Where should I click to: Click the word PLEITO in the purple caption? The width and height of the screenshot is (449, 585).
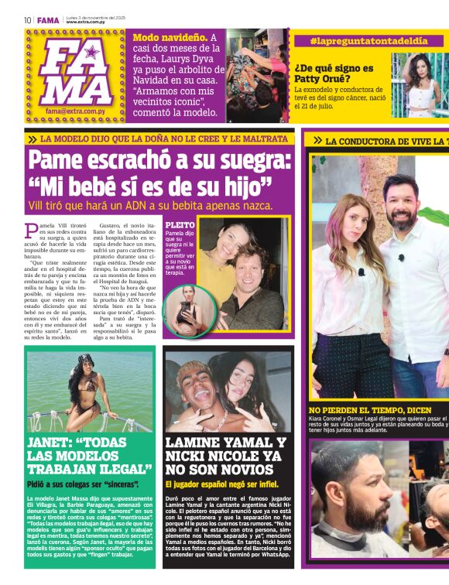click(180, 225)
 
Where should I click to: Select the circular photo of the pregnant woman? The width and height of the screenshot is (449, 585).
click(185, 309)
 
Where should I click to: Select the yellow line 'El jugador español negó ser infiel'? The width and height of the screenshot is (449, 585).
click(226, 484)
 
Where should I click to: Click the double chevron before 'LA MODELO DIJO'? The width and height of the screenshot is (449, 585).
click(32, 139)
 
